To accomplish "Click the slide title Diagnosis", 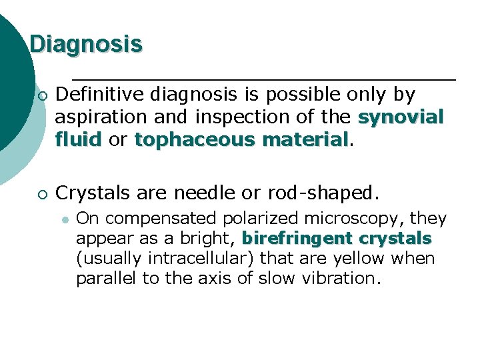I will (x=86, y=44).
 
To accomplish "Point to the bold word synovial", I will (x=401, y=117).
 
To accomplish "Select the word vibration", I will (x=341, y=278).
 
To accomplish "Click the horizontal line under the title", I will (x=263, y=79).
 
